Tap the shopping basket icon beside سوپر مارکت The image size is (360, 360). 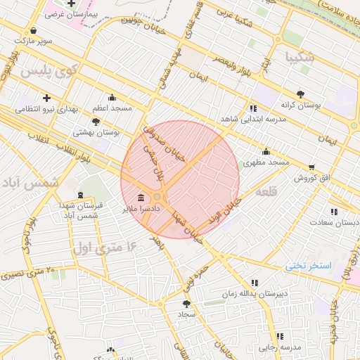(34, 31)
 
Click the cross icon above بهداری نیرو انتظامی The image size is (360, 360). (46, 98)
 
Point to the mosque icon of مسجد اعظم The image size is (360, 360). (112, 98)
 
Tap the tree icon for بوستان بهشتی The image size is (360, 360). (96, 122)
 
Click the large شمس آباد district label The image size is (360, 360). (30, 183)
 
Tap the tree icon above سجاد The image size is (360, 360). (186, 304)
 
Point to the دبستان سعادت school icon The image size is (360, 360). (333, 212)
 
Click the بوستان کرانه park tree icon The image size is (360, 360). (300, 94)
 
